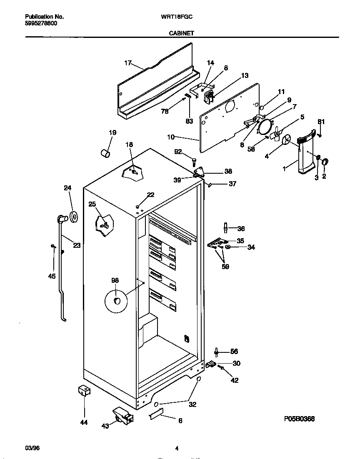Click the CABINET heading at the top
[181, 33]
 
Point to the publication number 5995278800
[41, 23]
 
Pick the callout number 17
[128, 63]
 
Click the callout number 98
[115, 280]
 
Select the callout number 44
[84, 422]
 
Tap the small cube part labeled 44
[85, 391]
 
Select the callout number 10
[170, 137]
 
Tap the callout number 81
[321, 122]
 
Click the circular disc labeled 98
[117, 301]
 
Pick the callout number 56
[234, 351]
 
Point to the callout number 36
[241, 228]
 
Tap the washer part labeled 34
[228, 247]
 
